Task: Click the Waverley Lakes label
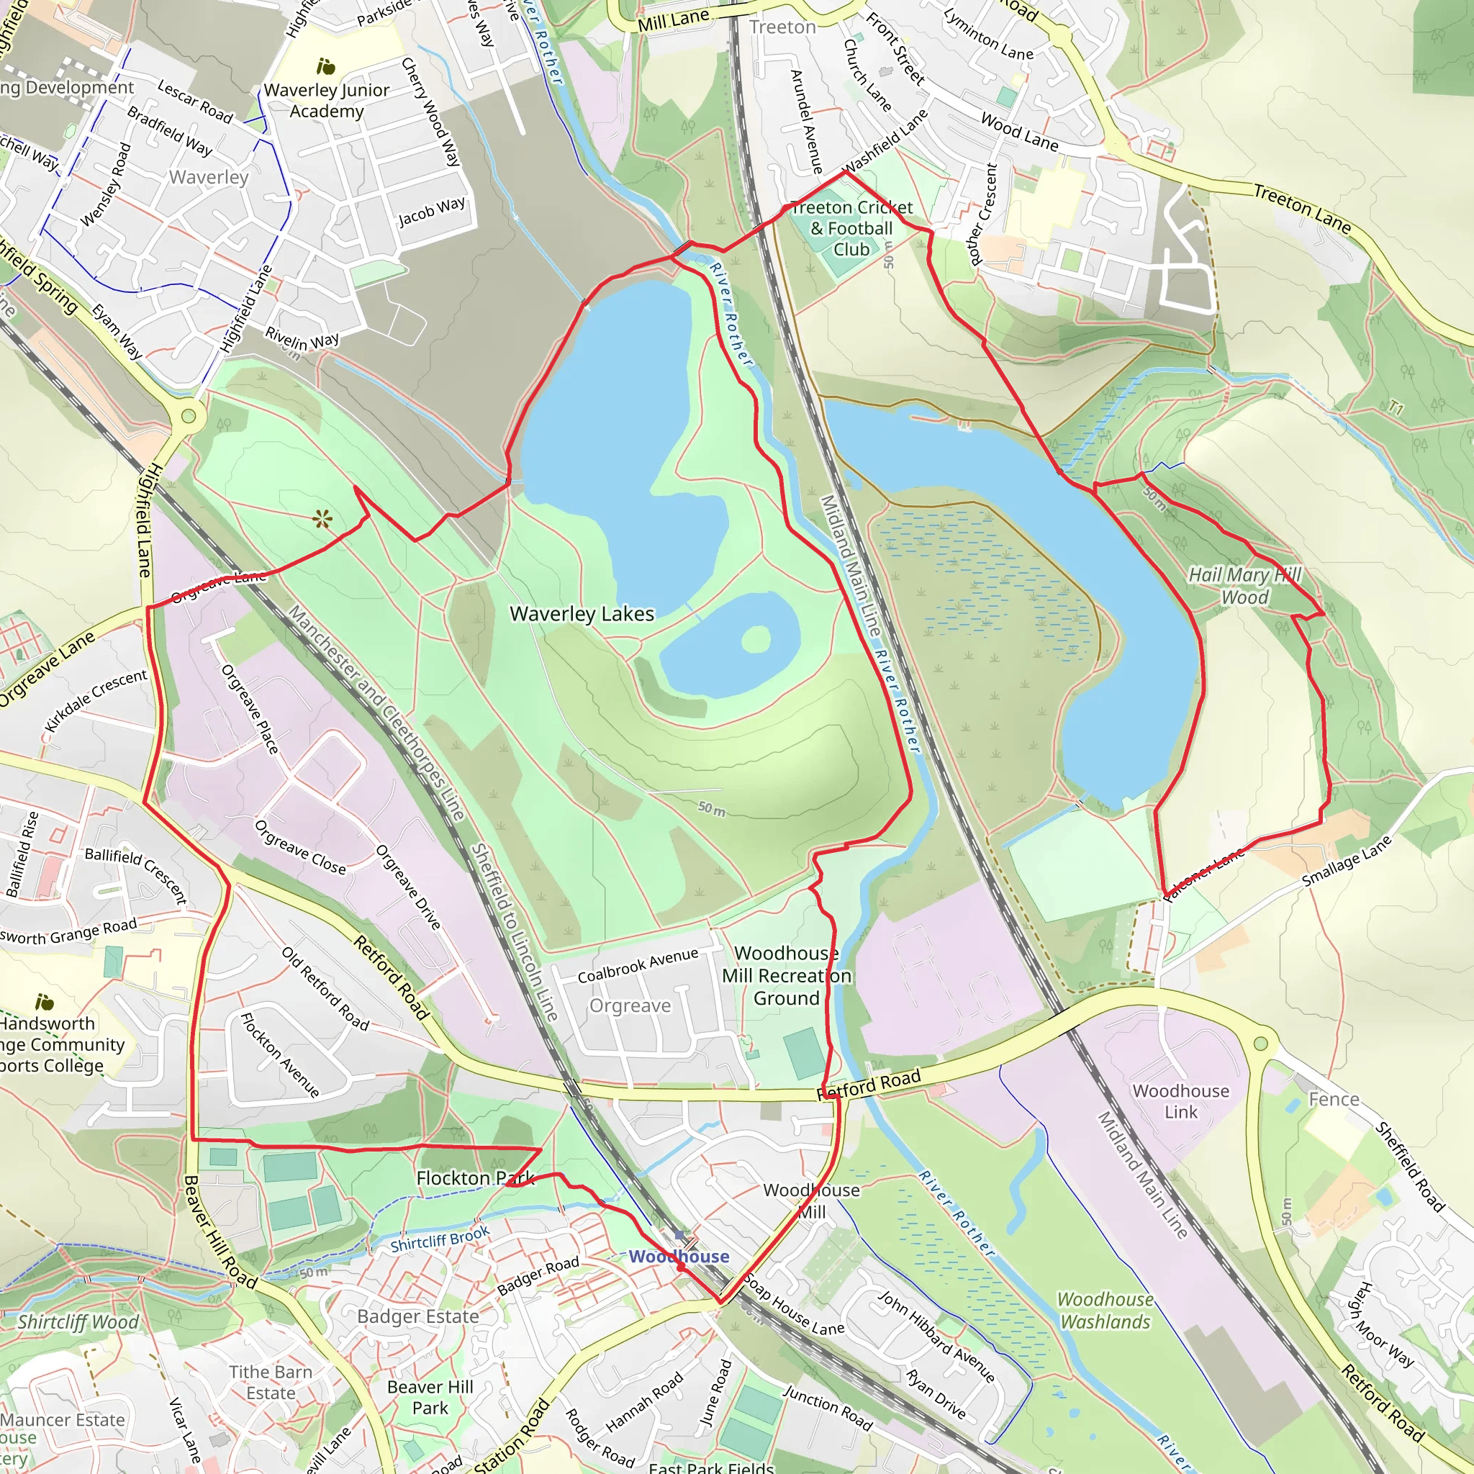582,614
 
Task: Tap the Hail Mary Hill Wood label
1244,586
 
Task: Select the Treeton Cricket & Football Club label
851,228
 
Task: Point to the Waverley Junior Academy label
327,101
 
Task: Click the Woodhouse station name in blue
678,1257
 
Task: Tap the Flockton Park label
474,1178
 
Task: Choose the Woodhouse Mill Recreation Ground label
786,976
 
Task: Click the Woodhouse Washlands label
1105,1311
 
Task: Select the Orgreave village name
630,1005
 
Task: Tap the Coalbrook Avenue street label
637,965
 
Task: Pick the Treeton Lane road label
1301,208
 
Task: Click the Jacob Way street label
431,212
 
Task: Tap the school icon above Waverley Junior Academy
326,67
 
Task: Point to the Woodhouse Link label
1180,1101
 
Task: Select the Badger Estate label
418,1316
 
